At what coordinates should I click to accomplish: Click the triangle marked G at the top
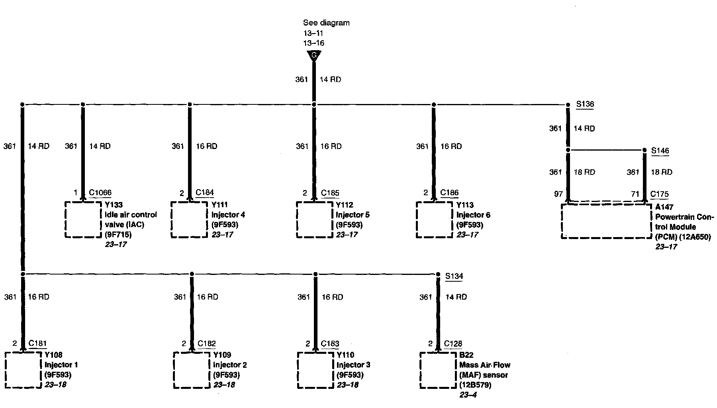point(314,56)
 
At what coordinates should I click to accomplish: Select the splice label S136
point(585,104)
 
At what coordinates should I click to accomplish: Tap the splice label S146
point(660,151)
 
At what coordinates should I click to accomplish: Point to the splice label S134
point(454,276)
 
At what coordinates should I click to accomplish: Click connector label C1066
point(100,193)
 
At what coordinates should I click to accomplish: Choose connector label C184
point(205,193)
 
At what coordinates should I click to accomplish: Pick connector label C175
point(660,194)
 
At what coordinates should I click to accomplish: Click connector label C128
point(453,343)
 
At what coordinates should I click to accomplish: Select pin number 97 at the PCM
point(558,194)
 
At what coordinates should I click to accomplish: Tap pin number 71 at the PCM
point(635,194)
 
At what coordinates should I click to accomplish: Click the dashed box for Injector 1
point(23,370)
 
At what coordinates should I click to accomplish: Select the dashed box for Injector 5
point(315,220)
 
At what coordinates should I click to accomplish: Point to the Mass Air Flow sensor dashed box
point(438,370)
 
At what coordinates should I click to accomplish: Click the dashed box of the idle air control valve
point(83,220)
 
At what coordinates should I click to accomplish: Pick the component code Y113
point(465,205)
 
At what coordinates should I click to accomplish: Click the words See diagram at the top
point(326,23)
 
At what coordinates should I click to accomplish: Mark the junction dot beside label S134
point(438,274)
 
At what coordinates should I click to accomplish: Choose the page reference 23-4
point(468,395)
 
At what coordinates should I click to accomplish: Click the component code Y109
point(222,355)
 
